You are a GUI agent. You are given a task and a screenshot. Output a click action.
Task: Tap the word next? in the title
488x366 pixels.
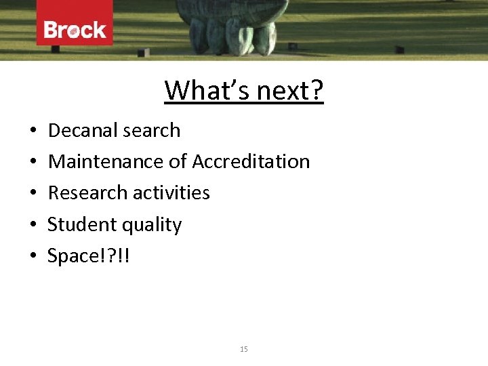(x=292, y=90)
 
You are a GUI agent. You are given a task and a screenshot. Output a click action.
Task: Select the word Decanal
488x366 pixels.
(x=81, y=130)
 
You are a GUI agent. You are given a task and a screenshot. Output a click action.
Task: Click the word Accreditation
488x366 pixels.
(x=251, y=161)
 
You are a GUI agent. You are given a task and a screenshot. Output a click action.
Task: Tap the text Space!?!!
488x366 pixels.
(x=87, y=256)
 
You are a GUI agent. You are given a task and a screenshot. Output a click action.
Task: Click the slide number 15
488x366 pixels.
(x=244, y=349)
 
